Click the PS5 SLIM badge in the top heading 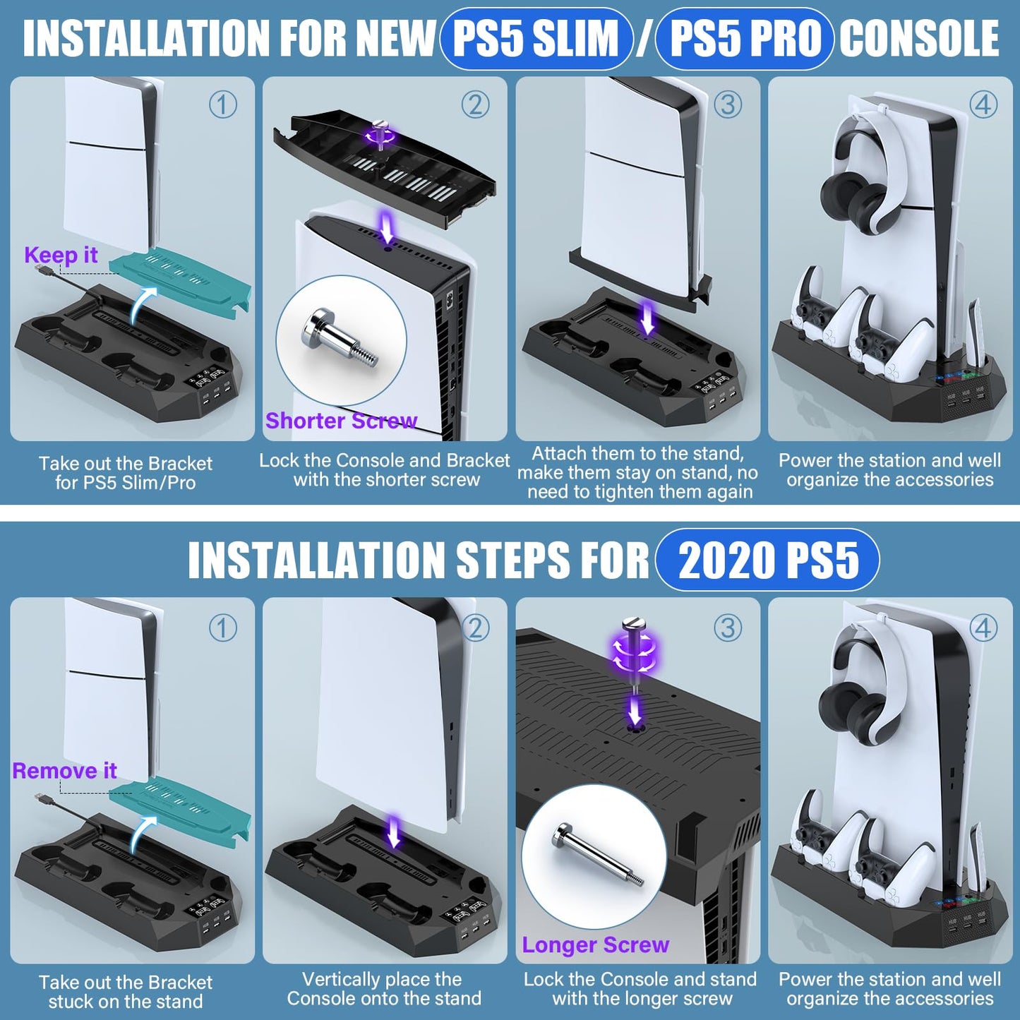(536, 38)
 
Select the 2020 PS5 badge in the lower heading (767, 560)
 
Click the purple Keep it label (61, 255)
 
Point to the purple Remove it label (64, 770)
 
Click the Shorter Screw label (341, 421)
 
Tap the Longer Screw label (595, 944)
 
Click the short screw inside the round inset (340, 337)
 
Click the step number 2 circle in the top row (475, 105)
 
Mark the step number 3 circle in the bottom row (728, 628)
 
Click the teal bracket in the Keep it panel (181, 276)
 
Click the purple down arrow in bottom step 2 (395, 832)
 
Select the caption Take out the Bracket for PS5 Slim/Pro (126, 473)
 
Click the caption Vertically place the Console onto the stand (384, 989)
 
